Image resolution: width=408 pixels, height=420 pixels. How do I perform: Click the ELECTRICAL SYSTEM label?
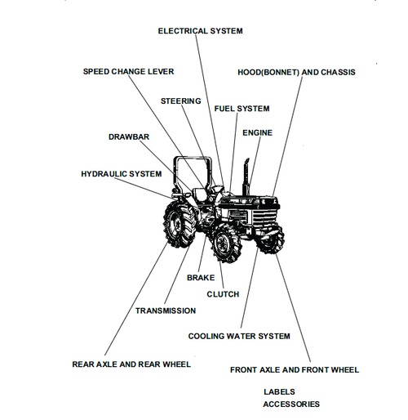[x=200, y=30]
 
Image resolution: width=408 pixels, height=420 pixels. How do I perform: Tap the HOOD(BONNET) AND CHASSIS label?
[x=296, y=72]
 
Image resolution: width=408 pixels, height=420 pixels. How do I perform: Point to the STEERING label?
[x=180, y=101]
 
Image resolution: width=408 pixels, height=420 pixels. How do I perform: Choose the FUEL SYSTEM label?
[x=242, y=109]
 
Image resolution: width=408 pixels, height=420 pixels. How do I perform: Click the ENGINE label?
[x=258, y=132]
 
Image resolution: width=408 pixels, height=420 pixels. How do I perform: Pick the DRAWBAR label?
[x=129, y=136]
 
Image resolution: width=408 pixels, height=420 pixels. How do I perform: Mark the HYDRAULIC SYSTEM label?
[x=121, y=174]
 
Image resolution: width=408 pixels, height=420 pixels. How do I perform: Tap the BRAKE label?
[x=201, y=278]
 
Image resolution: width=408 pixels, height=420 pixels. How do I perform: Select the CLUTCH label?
[x=223, y=294]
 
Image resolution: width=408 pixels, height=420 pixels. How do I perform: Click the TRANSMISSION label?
[x=166, y=311]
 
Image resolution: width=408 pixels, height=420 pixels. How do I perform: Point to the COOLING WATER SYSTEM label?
[x=239, y=336]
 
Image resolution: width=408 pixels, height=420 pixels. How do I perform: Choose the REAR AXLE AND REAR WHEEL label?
[x=131, y=364]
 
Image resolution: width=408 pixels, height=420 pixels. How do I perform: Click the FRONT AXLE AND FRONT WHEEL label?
[x=295, y=370]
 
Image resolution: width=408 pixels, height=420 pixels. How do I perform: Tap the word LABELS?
[x=279, y=391]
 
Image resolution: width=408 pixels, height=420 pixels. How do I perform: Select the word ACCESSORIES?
[x=291, y=404]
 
